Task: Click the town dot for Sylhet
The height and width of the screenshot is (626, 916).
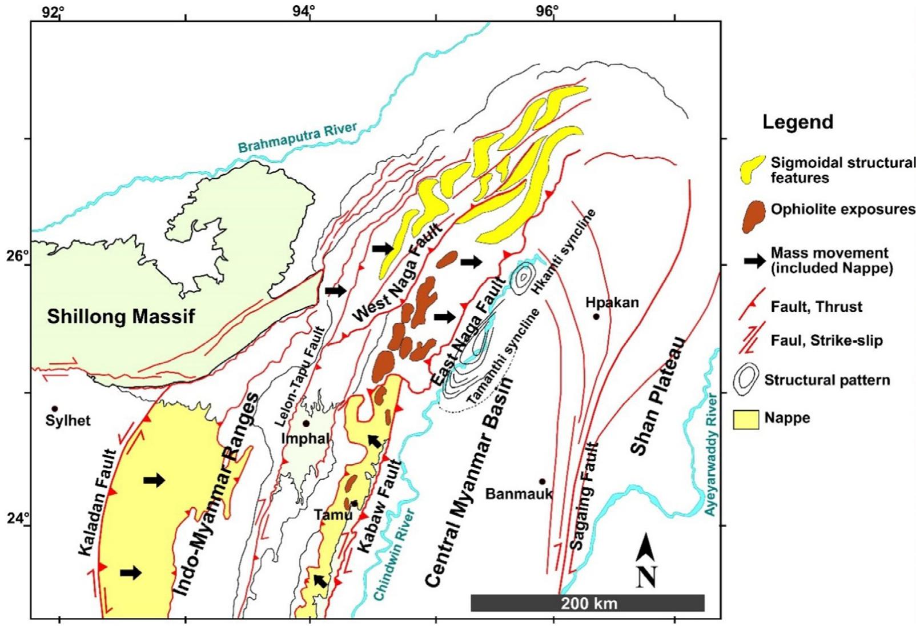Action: [x=55, y=408]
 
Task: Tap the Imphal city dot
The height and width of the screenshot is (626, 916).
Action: [x=306, y=423]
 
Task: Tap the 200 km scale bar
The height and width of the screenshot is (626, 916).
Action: [x=587, y=603]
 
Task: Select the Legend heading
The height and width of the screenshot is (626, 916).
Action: [x=798, y=122]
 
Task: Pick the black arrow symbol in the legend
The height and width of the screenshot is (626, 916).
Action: [x=754, y=260]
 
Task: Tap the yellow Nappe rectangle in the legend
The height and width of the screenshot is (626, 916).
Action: [x=745, y=419]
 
